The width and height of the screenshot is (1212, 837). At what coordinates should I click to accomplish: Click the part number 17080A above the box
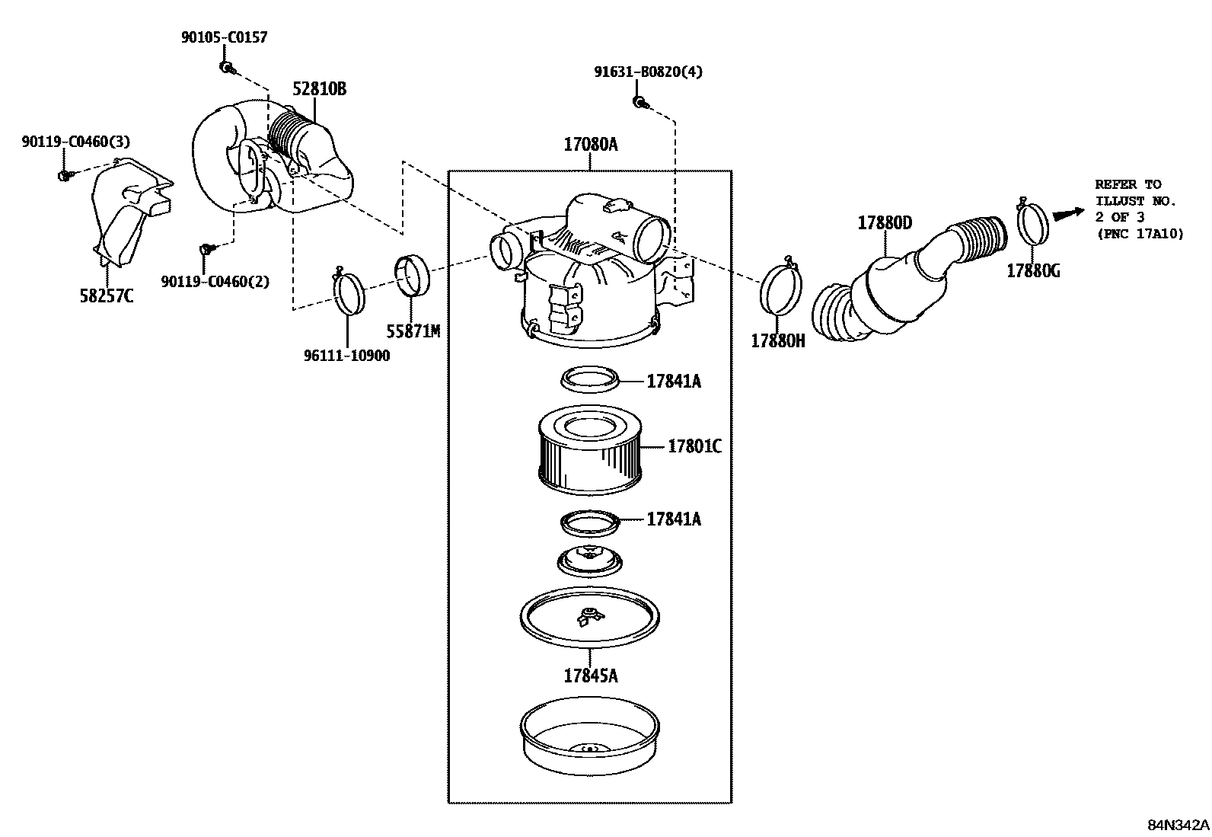coord(590,144)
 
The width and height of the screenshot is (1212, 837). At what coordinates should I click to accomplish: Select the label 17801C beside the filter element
coord(694,446)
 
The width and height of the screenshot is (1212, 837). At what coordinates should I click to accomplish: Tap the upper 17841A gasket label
coord(673,382)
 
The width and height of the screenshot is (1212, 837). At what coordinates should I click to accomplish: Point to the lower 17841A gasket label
coord(673,519)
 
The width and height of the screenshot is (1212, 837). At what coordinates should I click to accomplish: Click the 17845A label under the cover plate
coord(590,675)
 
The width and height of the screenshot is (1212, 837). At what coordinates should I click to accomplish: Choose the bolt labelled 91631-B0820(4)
coord(639,101)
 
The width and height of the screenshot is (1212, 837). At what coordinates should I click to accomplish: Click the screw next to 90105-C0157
coord(226,69)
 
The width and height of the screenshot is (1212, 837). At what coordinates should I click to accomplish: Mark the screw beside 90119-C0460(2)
coord(205,248)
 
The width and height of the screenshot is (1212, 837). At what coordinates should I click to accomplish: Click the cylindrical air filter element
coord(590,449)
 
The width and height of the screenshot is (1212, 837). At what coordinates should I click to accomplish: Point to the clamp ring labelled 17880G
coord(1032,222)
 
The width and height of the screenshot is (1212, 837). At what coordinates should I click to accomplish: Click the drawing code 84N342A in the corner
coord(1178,825)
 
